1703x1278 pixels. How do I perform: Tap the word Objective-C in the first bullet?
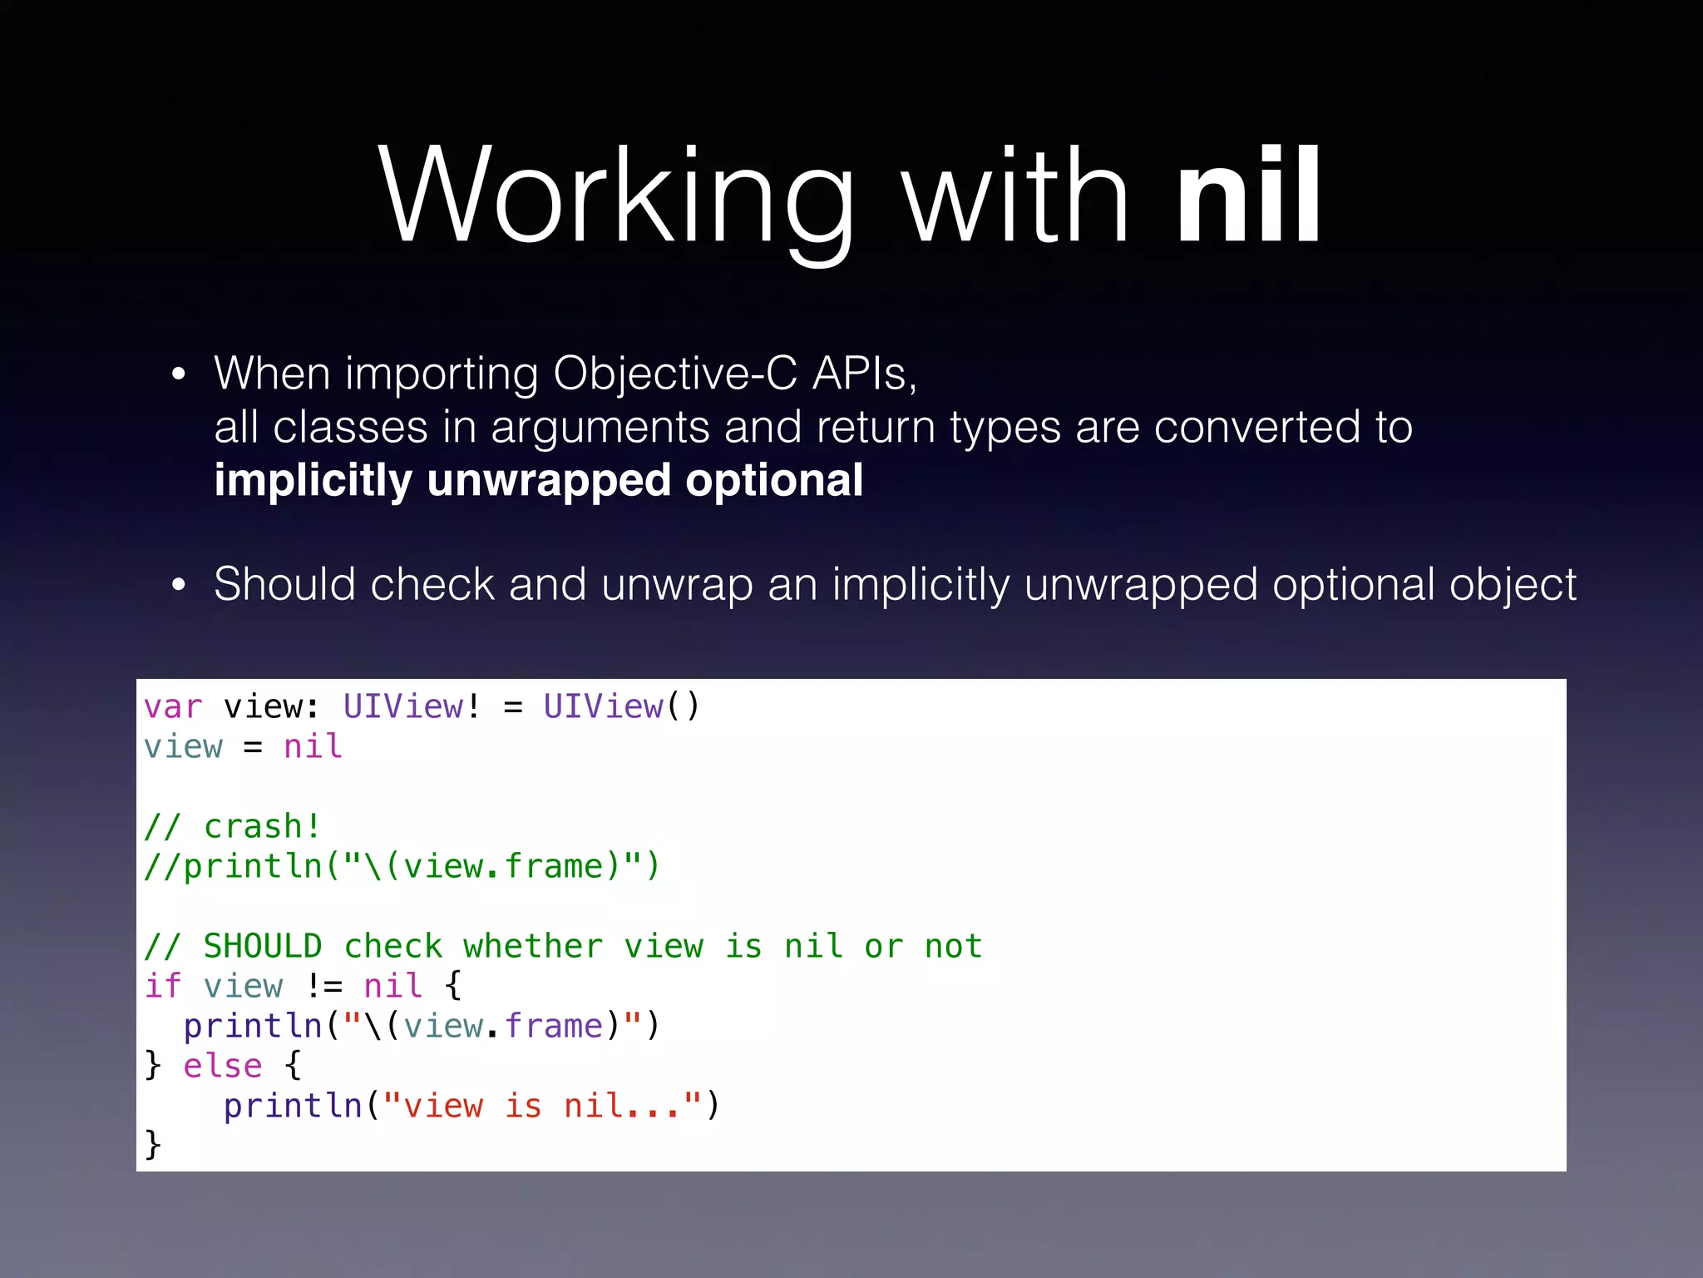coord(674,374)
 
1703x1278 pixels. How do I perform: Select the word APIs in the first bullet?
coord(864,374)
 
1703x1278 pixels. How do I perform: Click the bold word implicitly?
coord(313,481)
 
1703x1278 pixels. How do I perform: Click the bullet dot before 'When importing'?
coord(178,375)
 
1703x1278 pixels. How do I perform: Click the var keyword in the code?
coord(173,707)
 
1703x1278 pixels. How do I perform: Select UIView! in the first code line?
coord(412,707)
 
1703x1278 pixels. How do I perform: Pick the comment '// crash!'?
coord(232,827)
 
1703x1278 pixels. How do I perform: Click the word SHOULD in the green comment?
coord(263,947)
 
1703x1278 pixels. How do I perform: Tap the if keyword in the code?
coord(163,987)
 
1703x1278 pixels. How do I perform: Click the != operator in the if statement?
coord(323,987)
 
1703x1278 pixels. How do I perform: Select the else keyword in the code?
coord(222,1067)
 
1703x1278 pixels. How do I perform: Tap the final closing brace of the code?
coord(153,1145)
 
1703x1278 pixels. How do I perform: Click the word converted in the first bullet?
coord(1256,428)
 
